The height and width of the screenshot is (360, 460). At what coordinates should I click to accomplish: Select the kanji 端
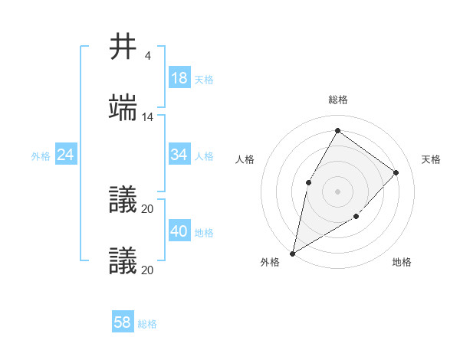pyautogui.click(x=124, y=108)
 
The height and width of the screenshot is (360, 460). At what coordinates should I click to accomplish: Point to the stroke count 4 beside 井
pyautogui.click(x=148, y=56)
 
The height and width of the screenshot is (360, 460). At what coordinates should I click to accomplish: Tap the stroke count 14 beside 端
pyautogui.click(x=148, y=117)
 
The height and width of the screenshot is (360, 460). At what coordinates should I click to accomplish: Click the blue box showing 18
pyautogui.click(x=179, y=78)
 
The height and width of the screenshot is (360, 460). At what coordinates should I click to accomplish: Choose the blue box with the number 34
pyautogui.click(x=179, y=155)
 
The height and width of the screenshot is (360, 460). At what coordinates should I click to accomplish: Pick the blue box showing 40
pyautogui.click(x=179, y=231)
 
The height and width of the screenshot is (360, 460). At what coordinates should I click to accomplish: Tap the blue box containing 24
pyautogui.click(x=66, y=155)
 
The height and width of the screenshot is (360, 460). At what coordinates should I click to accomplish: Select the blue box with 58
pyautogui.click(x=123, y=322)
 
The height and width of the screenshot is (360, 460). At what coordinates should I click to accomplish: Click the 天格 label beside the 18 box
pyautogui.click(x=204, y=80)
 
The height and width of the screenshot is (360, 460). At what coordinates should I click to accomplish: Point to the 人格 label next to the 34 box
pyautogui.click(x=204, y=156)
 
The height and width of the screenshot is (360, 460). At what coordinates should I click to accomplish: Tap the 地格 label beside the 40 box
pyautogui.click(x=204, y=233)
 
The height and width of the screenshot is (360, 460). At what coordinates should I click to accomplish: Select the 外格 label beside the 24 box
pyautogui.click(x=41, y=156)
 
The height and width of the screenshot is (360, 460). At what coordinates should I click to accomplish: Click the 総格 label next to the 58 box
pyautogui.click(x=147, y=324)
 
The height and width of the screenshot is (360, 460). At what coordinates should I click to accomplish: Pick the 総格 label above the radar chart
pyautogui.click(x=338, y=100)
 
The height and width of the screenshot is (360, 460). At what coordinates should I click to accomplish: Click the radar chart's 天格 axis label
pyautogui.click(x=432, y=159)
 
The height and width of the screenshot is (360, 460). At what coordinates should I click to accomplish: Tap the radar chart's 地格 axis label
pyautogui.click(x=402, y=262)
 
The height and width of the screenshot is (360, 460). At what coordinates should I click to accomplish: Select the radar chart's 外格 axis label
pyautogui.click(x=270, y=262)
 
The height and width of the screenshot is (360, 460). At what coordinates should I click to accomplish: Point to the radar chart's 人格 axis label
pyautogui.click(x=245, y=159)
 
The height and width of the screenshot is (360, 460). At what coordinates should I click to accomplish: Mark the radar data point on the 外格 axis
pyautogui.click(x=292, y=253)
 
